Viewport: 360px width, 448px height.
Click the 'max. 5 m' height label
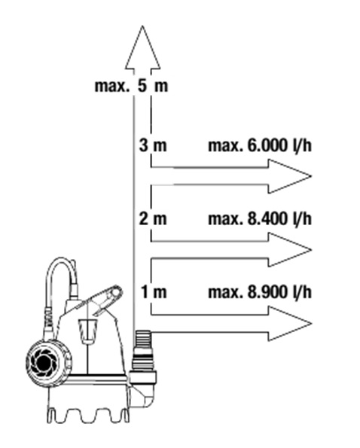coord(131,86)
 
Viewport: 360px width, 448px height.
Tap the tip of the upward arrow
coord(142,26)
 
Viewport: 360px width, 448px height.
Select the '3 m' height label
coord(153,145)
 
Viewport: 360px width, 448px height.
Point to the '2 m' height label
coord(153,218)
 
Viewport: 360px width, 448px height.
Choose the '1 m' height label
coord(154,292)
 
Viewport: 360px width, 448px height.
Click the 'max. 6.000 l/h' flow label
coord(260,145)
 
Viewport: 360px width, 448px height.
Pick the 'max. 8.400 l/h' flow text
coord(260,219)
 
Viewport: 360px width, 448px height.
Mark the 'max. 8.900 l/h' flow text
coord(260,292)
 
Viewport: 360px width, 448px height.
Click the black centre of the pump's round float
coord(43,363)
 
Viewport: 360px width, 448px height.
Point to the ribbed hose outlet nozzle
coord(142,341)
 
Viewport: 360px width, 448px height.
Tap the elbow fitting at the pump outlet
coord(142,391)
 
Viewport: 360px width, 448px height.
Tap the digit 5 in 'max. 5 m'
coord(142,86)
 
